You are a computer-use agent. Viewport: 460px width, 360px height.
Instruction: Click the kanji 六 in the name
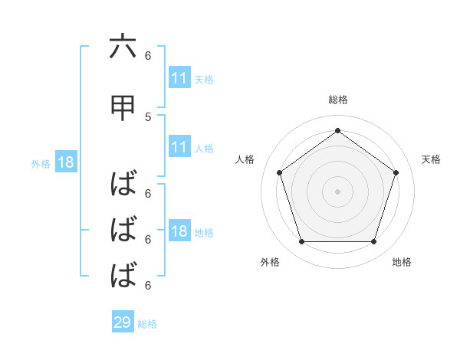pyautogui.click(x=123, y=47)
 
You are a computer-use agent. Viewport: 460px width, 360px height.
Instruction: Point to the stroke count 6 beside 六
pyautogui.click(x=148, y=55)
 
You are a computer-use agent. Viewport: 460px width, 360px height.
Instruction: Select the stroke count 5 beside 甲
pyautogui.click(x=148, y=116)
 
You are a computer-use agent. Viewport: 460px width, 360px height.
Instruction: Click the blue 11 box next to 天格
pyautogui.click(x=179, y=78)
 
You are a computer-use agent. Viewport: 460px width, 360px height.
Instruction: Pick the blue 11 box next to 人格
pyautogui.click(x=179, y=147)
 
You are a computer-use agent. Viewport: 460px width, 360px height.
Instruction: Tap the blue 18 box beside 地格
pyautogui.click(x=179, y=232)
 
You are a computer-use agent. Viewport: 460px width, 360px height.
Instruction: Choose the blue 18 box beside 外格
pyautogui.click(x=65, y=163)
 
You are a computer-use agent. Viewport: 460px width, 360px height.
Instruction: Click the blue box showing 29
pyautogui.click(x=123, y=322)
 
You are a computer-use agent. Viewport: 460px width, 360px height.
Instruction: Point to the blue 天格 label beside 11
pyautogui.click(x=204, y=79)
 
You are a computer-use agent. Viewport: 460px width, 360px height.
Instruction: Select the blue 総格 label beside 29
pyautogui.click(x=147, y=323)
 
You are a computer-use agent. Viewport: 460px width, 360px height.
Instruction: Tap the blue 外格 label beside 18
pyautogui.click(x=41, y=164)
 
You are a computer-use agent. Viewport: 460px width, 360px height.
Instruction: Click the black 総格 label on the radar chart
pyautogui.click(x=337, y=100)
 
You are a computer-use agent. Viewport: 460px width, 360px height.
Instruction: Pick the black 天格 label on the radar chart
pyautogui.click(x=431, y=159)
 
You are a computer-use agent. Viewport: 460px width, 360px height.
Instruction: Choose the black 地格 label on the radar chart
pyautogui.click(x=402, y=262)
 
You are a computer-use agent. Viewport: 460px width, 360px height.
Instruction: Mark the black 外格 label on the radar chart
pyautogui.click(x=270, y=262)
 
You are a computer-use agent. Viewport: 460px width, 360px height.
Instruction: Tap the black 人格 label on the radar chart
pyautogui.click(x=245, y=159)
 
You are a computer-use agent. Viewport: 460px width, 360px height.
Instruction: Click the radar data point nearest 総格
pyautogui.click(x=337, y=130)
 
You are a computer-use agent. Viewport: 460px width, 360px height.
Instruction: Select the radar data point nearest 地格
pyautogui.click(x=373, y=242)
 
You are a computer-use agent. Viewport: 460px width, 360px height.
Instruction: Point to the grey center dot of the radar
pyautogui.click(x=337, y=191)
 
